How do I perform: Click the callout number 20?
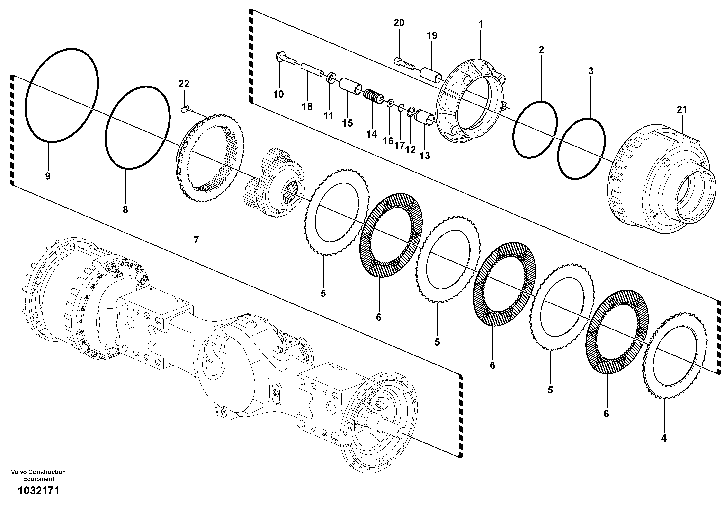point(399,23)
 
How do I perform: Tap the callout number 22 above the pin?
point(184,84)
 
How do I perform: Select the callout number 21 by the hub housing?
point(681,110)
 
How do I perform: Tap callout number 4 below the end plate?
point(664,438)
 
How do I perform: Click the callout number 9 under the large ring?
point(48,176)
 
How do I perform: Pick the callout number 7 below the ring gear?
point(196,240)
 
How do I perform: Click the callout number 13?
point(425,156)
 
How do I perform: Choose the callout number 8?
point(125,209)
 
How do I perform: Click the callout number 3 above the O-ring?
point(591,71)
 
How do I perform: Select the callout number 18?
point(307,106)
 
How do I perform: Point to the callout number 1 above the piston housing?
point(481,24)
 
